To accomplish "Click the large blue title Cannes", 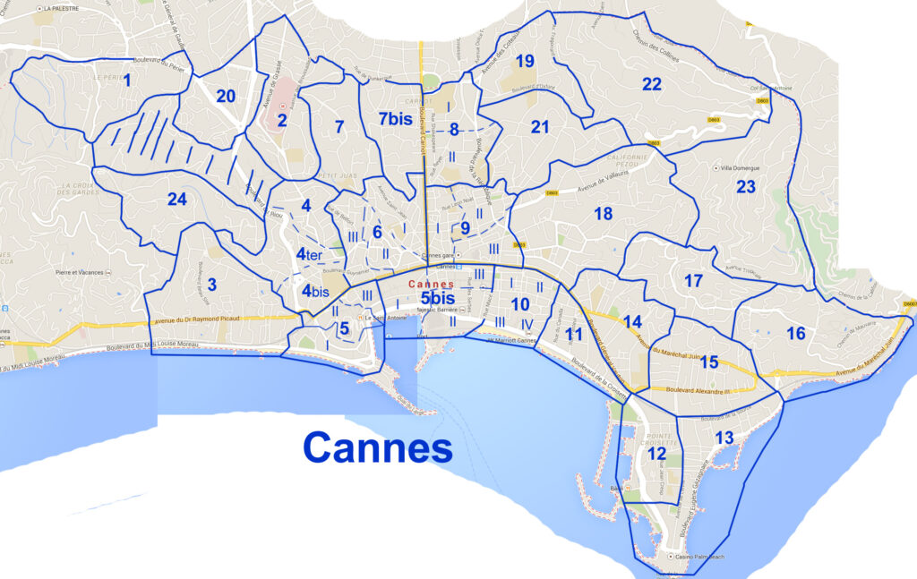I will click(377, 446).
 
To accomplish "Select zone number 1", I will click(127, 81).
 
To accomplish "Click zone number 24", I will click(176, 199).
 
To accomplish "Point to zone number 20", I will click(225, 97).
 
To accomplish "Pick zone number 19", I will click(525, 62).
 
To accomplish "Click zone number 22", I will click(651, 84).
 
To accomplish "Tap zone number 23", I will click(746, 187).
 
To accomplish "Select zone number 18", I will click(603, 214).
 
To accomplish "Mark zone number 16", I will click(795, 334).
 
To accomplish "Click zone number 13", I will click(724, 438).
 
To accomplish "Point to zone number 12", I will click(656, 454).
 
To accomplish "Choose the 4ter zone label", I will click(309, 254).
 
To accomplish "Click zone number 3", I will click(211, 285).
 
